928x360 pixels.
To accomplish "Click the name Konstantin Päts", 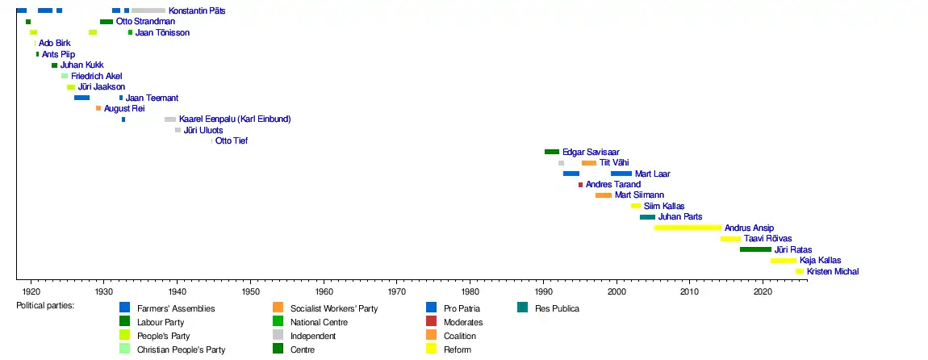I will click(x=197, y=11).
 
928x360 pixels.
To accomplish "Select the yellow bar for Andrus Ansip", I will click(x=687, y=228).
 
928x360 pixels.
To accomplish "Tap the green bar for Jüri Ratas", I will click(x=755, y=249).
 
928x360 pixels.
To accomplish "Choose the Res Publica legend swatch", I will click(x=523, y=308).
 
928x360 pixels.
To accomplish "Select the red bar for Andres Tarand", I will click(x=580, y=185).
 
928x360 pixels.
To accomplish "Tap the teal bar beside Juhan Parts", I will click(x=647, y=217).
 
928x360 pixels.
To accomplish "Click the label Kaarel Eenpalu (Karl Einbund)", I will click(x=234, y=119).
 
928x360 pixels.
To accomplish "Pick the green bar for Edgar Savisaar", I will click(x=552, y=152).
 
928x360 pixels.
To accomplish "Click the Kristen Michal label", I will click(x=833, y=272).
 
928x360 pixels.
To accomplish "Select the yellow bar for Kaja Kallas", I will click(x=783, y=261).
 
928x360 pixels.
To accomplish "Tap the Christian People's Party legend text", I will click(x=181, y=350).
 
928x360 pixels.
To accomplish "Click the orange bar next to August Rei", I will click(x=98, y=108).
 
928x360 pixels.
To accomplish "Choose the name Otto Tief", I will click(x=232, y=141).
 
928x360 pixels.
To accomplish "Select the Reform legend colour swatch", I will click(x=432, y=350).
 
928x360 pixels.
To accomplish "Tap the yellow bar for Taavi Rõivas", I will click(x=730, y=239).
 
